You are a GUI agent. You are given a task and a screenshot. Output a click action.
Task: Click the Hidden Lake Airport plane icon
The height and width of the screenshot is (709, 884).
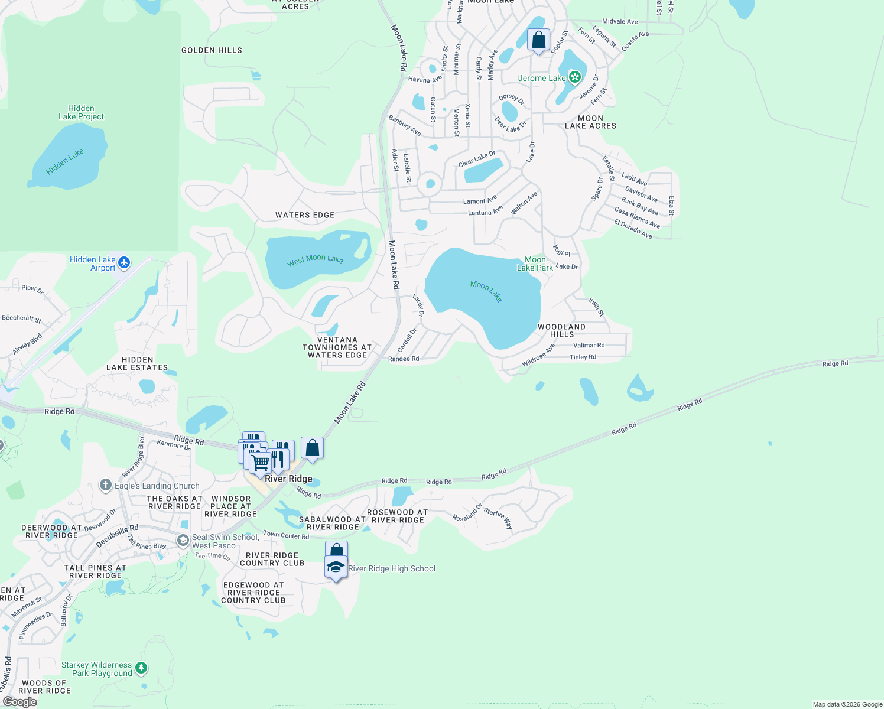[123, 262]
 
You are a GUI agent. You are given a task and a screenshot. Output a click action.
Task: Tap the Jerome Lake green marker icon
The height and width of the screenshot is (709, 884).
[574, 77]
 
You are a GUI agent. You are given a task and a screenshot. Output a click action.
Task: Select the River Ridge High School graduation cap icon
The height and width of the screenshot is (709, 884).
[336, 567]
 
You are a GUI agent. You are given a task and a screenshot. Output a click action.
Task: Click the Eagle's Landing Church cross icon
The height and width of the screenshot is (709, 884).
[106, 486]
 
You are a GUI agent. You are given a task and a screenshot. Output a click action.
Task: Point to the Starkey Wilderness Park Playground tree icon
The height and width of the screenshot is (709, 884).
[141, 668]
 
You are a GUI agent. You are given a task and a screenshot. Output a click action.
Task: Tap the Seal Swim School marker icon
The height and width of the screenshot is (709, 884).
[183, 540]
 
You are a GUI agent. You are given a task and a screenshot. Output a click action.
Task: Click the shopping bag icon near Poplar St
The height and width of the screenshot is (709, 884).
[538, 40]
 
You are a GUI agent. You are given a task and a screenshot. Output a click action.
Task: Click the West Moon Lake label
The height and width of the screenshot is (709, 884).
[315, 259]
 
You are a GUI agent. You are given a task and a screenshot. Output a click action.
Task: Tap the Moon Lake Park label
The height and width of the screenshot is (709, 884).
[535, 264]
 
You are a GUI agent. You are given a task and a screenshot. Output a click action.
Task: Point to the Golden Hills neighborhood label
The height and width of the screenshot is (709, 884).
[212, 50]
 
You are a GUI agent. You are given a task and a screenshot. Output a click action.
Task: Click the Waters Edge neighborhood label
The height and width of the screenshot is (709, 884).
[305, 215]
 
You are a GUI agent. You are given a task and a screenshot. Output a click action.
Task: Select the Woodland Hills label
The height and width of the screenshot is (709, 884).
[561, 330]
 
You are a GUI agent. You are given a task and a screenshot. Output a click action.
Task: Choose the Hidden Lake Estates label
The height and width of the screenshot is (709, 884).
[137, 363]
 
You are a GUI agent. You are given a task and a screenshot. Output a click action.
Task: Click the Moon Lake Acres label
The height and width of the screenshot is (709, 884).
[590, 122]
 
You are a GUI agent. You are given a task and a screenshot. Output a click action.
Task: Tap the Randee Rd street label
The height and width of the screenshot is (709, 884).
[404, 359]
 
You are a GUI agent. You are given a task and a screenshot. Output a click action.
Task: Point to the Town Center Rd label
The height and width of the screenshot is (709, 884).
[286, 535]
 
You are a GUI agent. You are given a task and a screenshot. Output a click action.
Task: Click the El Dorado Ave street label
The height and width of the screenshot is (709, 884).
[633, 229]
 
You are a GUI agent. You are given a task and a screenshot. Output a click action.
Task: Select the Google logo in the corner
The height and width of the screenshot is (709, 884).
[20, 702]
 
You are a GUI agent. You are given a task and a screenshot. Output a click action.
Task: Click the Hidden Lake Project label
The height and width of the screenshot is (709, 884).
[81, 112]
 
